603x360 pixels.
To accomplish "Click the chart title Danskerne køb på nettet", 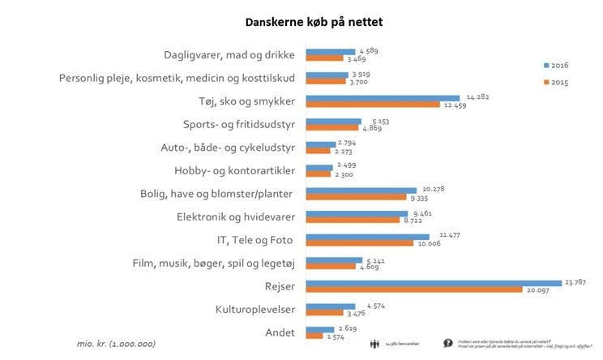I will click(301, 22).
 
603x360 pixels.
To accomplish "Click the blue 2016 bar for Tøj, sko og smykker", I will click(382, 96).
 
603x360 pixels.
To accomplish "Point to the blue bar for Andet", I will click(319, 328).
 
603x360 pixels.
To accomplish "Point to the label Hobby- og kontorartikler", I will click(234, 170).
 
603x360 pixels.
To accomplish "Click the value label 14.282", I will click(477, 96).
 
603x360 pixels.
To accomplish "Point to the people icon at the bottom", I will click(374, 343).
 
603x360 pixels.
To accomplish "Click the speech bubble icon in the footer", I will click(447, 343).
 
